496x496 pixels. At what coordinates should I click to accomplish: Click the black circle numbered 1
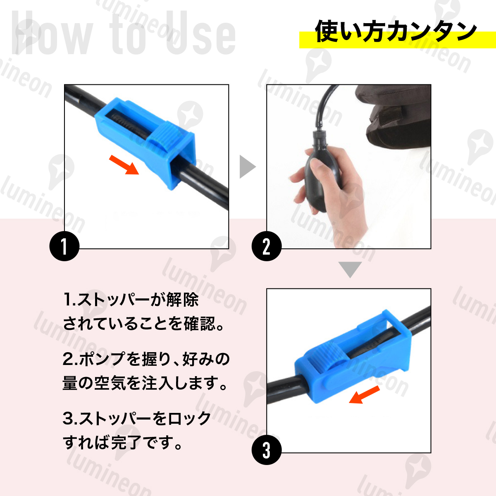pyautogui.click(x=64, y=246)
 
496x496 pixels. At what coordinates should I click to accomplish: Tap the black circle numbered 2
pyautogui.click(x=267, y=246)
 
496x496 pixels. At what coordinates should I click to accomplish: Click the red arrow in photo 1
pyautogui.click(x=124, y=165)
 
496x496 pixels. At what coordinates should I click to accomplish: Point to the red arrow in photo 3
pyautogui.click(x=364, y=395)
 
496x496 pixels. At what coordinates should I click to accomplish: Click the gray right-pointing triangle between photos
pyautogui.click(x=248, y=167)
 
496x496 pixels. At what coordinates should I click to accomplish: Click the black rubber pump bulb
pyautogui.click(x=319, y=178)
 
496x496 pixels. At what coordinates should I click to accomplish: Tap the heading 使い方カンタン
pyautogui.click(x=396, y=31)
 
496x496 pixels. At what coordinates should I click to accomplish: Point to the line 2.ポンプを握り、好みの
pyautogui.click(x=146, y=359)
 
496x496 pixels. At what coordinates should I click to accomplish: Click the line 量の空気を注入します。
pyautogui.click(x=145, y=383)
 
